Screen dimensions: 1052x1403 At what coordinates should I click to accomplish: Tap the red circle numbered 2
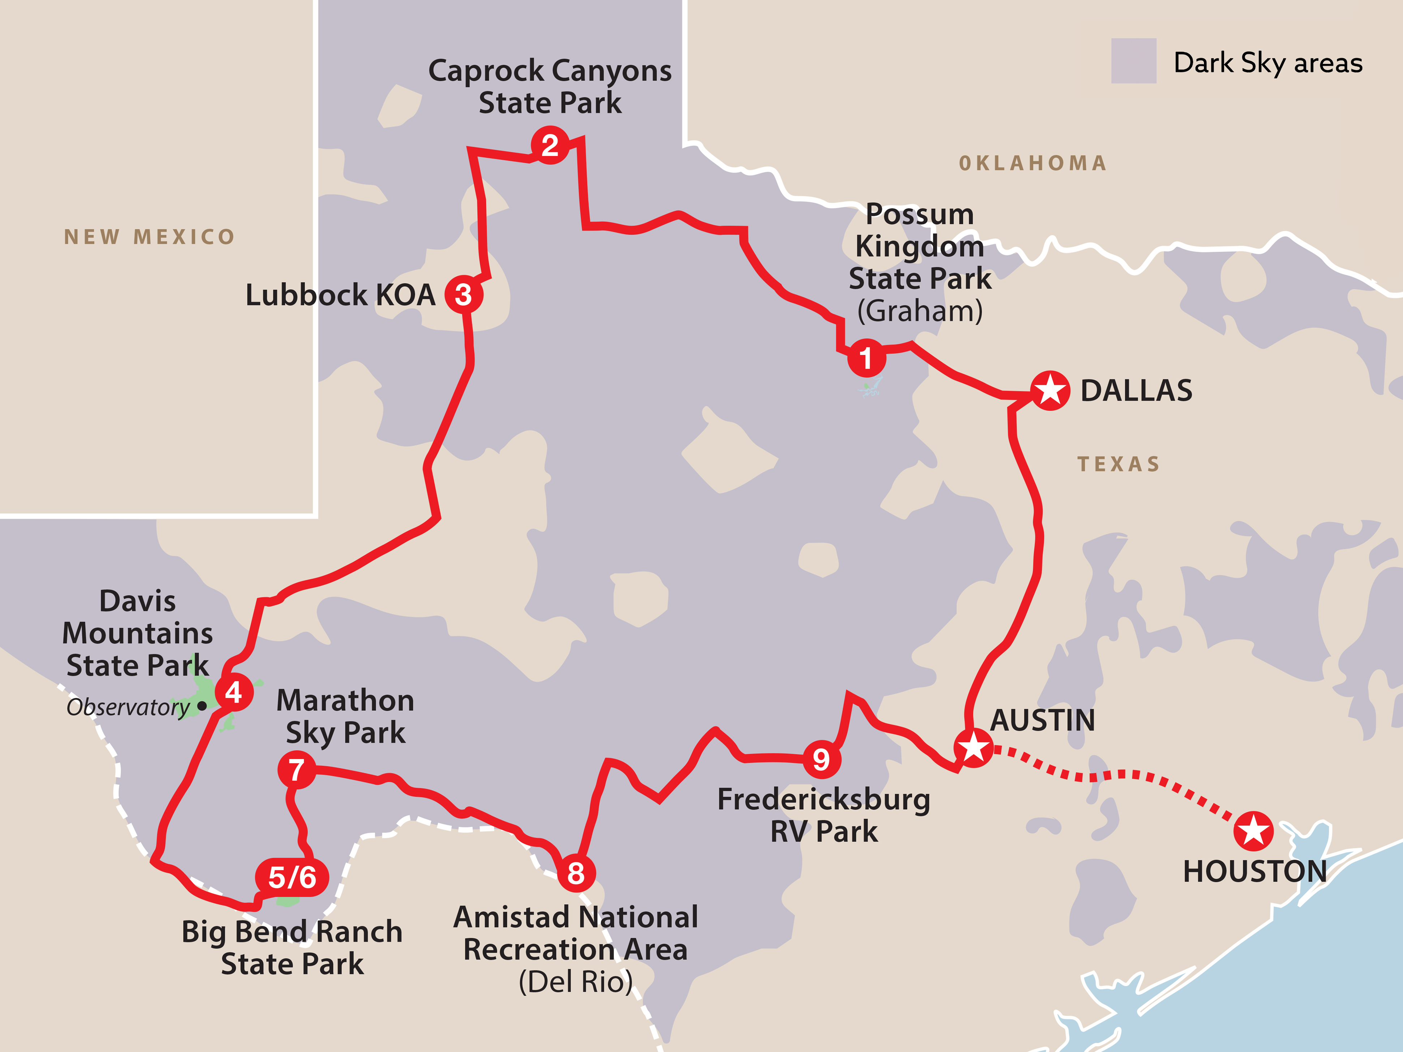(x=550, y=145)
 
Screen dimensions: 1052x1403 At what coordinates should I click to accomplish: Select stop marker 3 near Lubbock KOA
(x=464, y=295)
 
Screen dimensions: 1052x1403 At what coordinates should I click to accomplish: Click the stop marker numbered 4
(x=234, y=692)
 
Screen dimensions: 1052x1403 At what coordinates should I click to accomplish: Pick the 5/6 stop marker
(x=292, y=877)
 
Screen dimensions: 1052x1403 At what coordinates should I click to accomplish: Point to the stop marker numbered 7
(x=296, y=770)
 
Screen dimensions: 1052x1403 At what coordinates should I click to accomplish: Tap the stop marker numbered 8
(x=576, y=873)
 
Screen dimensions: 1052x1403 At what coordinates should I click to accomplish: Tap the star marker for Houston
(x=1253, y=831)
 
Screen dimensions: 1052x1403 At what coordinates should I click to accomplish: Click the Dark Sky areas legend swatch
(x=1133, y=61)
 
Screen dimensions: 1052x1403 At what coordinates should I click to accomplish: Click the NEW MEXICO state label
(x=150, y=237)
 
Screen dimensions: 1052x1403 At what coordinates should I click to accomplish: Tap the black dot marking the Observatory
(x=202, y=705)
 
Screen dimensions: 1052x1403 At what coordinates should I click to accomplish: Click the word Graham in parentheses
(x=920, y=311)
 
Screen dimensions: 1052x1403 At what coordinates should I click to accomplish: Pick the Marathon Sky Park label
(x=345, y=717)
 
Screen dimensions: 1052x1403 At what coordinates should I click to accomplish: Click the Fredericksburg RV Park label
(x=823, y=815)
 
